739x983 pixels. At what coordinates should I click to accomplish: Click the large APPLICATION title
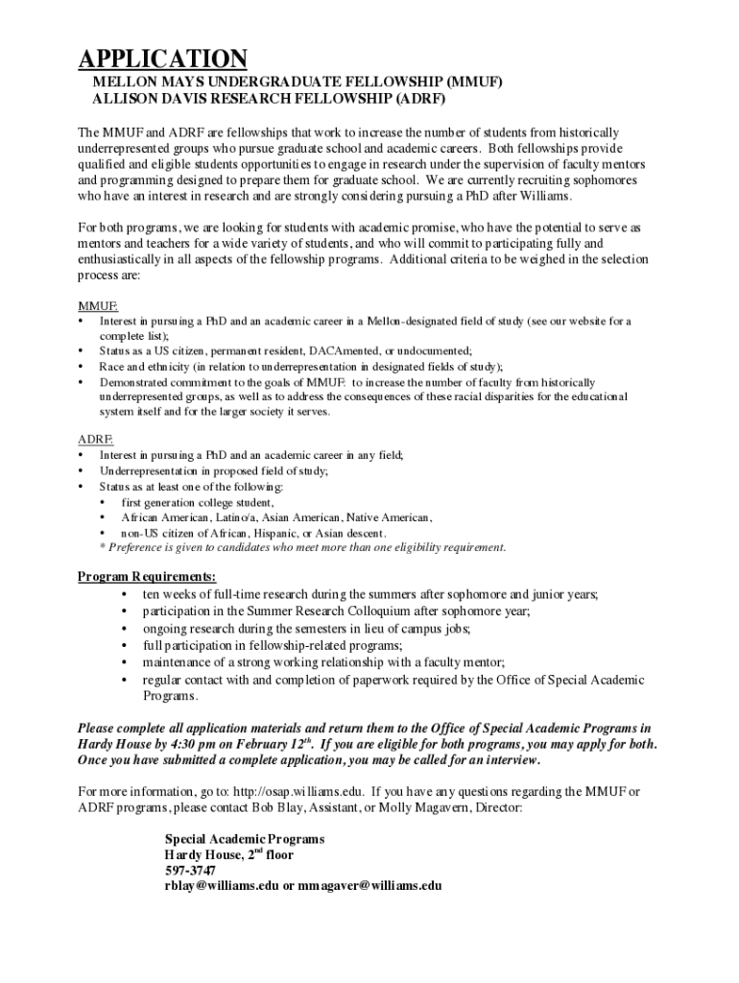coord(162,60)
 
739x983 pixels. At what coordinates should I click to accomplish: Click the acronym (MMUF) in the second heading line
coord(469,83)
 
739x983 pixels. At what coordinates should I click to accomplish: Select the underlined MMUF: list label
coord(98,306)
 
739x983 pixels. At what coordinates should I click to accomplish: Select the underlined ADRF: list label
coord(95,440)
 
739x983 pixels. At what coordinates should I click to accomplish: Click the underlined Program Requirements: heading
coord(146,577)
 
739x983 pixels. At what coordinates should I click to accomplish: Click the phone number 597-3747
coord(190,870)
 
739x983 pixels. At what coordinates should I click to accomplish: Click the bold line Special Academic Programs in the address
coord(245,838)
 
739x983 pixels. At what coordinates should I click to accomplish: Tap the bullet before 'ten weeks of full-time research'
coord(126,594)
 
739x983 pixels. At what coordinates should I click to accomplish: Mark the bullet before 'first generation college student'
coord(104,502)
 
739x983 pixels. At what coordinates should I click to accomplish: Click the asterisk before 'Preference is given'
coord(104,548)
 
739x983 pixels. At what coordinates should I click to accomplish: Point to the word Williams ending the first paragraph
coord(544,196)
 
